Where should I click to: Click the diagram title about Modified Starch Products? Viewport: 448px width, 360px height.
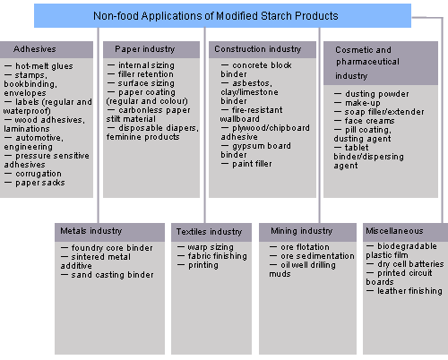click(216, 16)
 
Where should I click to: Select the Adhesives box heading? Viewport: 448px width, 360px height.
click(35, 49)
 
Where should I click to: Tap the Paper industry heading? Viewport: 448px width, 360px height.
click(145, 49)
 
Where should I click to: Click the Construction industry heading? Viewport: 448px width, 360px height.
click(258, 49)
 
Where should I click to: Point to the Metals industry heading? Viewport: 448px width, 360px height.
click(91, 231)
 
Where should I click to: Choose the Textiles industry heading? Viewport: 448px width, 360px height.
click(209, 232)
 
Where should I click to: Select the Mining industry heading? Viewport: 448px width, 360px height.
click(302, 231)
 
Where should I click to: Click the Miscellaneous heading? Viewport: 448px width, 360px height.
click(394, 231)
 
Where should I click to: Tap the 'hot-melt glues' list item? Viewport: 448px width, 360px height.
click(44, 66)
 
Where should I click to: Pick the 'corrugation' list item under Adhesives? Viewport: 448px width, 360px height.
click(39, 174)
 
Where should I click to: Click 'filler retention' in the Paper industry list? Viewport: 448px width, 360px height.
click(146, 74)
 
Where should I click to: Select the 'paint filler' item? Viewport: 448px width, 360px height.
click(252, 164)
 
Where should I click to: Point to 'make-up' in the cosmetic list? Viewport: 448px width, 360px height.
click(363, 103)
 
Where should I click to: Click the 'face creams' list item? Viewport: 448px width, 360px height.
click(370, 121)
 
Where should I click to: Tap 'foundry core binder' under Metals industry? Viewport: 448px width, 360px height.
click(112, 248)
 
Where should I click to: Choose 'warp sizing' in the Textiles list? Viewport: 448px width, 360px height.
click(211, 247)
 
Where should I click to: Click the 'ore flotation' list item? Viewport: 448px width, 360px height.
click(305, 247)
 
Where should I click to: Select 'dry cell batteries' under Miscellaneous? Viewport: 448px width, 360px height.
click(410, 264)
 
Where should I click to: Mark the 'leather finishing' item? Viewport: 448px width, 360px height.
click(409, 291)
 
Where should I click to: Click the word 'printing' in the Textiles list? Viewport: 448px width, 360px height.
click(203, 265)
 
